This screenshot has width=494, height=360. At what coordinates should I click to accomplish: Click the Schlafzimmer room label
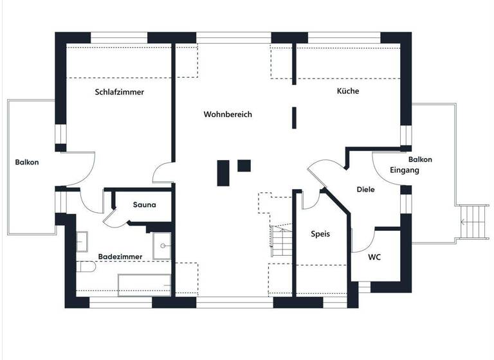click(x=120, y=92)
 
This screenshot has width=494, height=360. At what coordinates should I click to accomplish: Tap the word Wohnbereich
click(x=228, y=114)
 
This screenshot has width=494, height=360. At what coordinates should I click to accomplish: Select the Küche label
click(x=348, y=91)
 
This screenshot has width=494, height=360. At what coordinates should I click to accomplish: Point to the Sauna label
click(x=143, y=205)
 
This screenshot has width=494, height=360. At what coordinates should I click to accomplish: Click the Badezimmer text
click(x=120, y=256)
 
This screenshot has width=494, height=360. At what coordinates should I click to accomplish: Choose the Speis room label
click(x=320, y=234)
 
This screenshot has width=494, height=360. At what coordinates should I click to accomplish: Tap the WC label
click(x=374, y=257)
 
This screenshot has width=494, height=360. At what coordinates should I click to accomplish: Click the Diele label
click(x=365, y=190)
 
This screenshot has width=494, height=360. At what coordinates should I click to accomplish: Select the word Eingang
click(x=405, y=170)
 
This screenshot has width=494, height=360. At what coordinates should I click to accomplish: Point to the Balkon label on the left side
click(x=27, y=163)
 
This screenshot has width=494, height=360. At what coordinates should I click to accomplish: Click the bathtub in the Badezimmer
click(x=145, y=283)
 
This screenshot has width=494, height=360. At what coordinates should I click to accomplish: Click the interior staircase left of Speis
click(x=280, y=239)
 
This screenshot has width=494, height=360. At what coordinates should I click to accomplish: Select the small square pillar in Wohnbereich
click(x=244, y=165)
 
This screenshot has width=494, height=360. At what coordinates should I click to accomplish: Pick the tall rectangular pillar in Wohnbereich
click(x=223, y=172)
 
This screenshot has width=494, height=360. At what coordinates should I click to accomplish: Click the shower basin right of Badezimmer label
click(x=161, y=245)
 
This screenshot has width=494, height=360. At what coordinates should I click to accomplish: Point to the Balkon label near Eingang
click(x=420, y=159)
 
